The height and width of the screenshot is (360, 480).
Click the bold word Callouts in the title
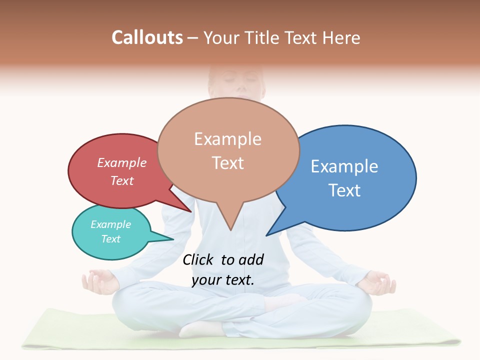coord(147,37)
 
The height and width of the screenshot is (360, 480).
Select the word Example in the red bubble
coord(122,162)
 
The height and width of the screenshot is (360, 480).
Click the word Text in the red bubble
coord(122,180)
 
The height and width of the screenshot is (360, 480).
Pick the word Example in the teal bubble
coord(111,224)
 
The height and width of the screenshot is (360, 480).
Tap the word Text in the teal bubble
coord(111,239)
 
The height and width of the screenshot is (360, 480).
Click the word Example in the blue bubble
coord(344,166)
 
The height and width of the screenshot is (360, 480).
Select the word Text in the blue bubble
coord(344,190)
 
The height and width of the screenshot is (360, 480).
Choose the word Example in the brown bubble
coord(228,138)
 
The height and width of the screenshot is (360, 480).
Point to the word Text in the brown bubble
coord(228,163)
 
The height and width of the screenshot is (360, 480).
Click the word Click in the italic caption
coord(199,259)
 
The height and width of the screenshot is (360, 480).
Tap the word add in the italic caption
coord(251,259)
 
